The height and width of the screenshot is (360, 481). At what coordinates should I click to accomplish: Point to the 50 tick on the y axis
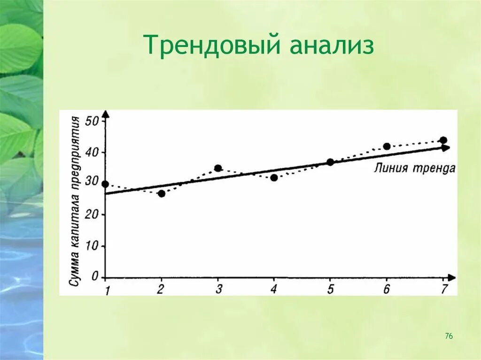pyautogui.click(x=93, y=122)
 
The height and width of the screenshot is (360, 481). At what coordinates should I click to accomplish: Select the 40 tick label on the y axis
pyautogui.click(x=93, y=153)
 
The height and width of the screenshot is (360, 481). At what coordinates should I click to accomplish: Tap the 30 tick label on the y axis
pyautogui.click(x=93, y=184)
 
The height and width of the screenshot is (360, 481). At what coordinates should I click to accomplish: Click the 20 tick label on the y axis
pyautogui.click(x=93, y=214)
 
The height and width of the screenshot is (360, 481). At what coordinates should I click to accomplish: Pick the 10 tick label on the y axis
pyautogui.click(x=93, y=246)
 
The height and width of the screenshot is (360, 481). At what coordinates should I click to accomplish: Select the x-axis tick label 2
pyautogui.click(x=161, y=289)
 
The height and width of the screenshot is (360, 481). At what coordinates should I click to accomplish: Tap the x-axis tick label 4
pyautogui.click(x=274, y=289)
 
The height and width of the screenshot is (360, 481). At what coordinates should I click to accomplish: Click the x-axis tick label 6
pyautogui.click(x=387, y=289)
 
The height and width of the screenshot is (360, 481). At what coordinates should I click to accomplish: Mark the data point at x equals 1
pyautogui.click(x=105, y=184)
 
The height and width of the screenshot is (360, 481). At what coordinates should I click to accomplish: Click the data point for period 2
pyautogui.click(x=162, y=193)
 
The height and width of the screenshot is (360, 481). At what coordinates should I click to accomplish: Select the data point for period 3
pyautogui.click(x=218, y=168)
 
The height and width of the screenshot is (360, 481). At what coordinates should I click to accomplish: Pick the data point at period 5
pyautogui.click(x=330, y=162)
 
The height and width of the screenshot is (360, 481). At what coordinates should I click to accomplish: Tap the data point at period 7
pyautogui.click(x=443, y=140)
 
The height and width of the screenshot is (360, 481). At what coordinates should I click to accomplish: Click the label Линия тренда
pyautogui.click(x=415, y=169)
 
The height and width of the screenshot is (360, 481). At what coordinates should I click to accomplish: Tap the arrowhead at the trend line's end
pyautogui.click(x=445, y=148)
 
